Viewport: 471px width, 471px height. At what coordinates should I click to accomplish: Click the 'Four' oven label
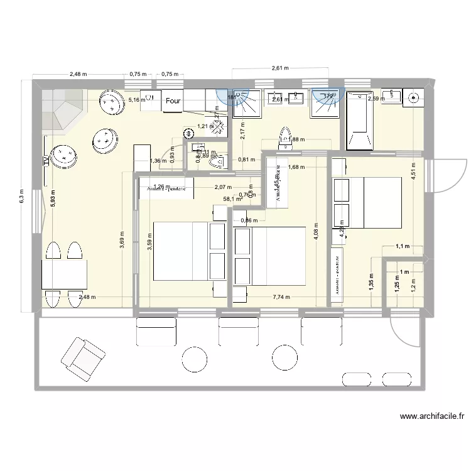click(172, 100)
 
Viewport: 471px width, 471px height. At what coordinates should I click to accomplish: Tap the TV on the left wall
click(46, 160)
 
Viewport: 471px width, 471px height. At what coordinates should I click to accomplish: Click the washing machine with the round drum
click(414, 97)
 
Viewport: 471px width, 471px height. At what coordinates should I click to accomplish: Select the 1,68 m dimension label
click(296, 167)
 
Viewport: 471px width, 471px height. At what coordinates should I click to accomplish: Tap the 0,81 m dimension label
click(247, 160)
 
